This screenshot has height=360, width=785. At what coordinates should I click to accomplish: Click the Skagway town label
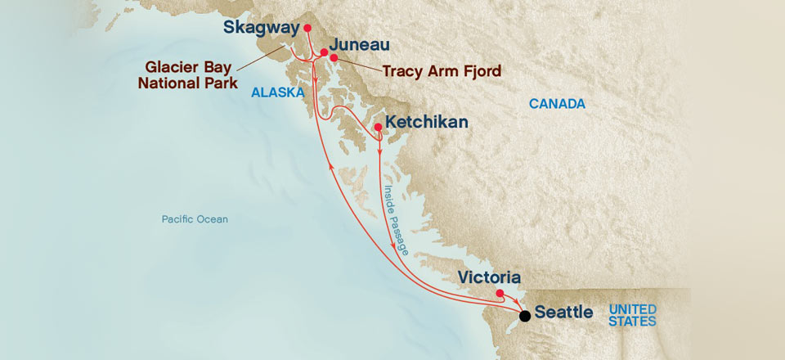click(x=261, y=28)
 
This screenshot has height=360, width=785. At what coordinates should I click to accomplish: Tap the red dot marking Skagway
click(x=307, y=28)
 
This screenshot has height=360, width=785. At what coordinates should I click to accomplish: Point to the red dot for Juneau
click(x=324, y=52)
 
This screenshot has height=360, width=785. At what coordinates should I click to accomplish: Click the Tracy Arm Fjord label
click(x=442, y=71)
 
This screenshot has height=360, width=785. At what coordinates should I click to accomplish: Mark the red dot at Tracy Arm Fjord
click(x=334, y=58)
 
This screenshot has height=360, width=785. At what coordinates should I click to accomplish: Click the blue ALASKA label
click(x=277, y=92)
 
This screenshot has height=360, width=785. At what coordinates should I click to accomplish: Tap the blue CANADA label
click(x=557, y=104)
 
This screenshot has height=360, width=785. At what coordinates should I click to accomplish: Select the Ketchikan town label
click(x=426, y=122)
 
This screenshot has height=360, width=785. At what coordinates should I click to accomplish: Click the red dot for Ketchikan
click(x=377, y=128)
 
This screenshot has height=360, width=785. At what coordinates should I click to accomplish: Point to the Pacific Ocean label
click(x=195, y=219)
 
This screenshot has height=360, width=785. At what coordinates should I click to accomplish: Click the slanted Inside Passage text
click(x=395, y=220)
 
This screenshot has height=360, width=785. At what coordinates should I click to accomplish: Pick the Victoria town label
click(x=489, y=278)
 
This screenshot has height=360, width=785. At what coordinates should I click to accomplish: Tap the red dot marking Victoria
click(x=500, y=293)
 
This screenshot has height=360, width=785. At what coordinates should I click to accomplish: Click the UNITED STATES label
click(x=632, y=315)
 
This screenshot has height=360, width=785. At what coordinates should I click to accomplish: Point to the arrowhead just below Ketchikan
click(x=380, y=150)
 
